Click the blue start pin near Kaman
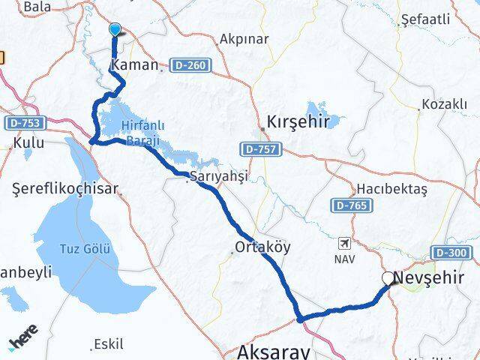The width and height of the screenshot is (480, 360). (x=115, y=29)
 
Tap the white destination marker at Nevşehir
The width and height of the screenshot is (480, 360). (x=388, y=278)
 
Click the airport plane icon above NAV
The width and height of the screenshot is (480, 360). (x=344, y=243)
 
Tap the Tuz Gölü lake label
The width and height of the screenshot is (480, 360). (x=85, y=248)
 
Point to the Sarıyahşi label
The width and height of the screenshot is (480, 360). (x=217, y=175)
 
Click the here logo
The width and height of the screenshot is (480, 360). (x=23, y=341)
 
